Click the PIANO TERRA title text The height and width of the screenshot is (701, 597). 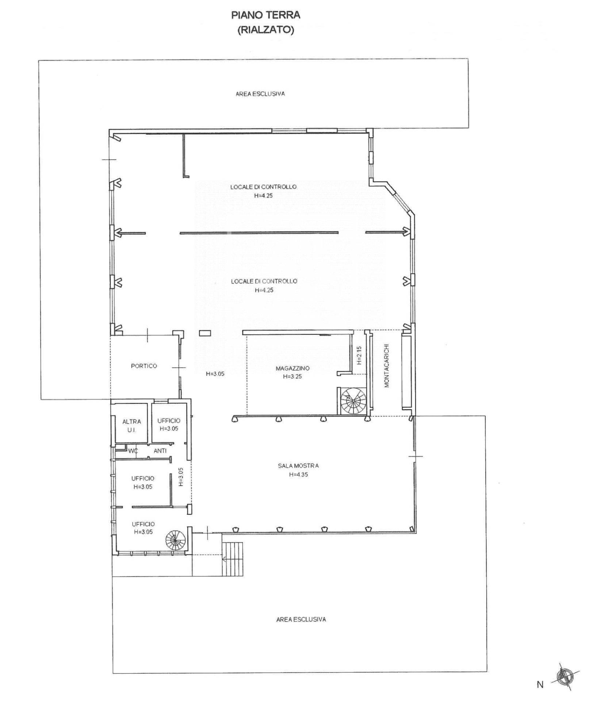266,15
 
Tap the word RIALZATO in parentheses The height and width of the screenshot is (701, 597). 266,30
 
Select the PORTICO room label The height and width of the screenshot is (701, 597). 144,366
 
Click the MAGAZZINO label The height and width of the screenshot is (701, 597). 292,368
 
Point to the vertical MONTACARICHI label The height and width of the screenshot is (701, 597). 387,365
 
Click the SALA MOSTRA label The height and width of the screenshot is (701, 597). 298,466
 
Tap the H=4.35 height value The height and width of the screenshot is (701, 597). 298,475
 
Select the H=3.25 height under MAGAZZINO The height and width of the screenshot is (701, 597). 292,377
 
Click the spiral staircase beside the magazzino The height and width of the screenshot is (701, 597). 353,401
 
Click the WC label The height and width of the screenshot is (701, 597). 133,451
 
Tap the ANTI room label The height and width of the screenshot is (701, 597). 160,451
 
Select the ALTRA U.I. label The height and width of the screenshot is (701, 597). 131,426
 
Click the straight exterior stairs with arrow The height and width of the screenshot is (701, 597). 232,559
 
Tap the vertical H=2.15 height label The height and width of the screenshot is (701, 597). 359,356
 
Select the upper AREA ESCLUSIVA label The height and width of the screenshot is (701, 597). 260,94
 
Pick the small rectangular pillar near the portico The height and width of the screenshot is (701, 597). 205,333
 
